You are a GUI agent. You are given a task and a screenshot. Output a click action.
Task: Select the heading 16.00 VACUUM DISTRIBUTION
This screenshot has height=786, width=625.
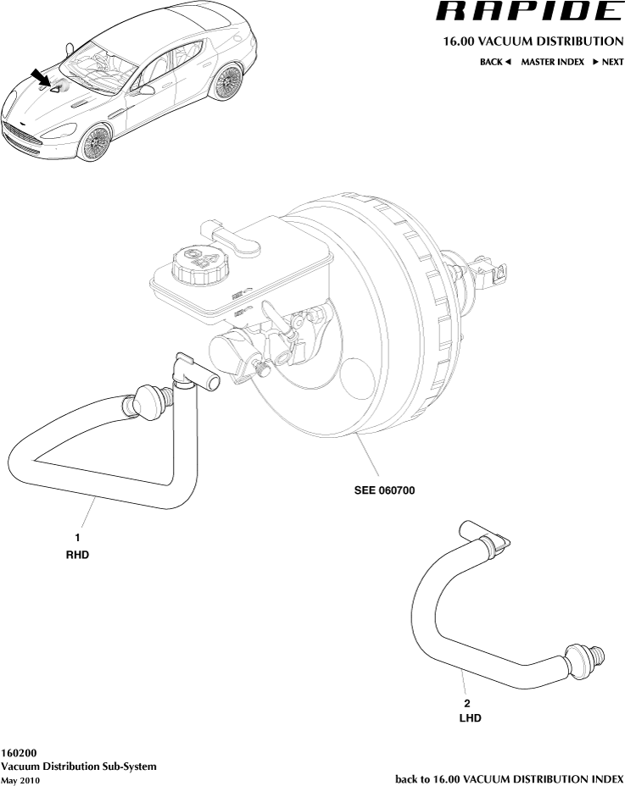pos(533,42)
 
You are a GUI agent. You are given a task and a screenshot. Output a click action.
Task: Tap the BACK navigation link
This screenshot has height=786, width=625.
pos(495,62)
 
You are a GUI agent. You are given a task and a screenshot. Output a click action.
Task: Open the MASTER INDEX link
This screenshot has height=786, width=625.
pos(552,62)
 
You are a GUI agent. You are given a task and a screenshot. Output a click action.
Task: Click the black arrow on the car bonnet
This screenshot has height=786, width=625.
pos(39,78)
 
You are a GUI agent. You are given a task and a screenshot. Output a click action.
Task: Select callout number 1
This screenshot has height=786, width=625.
pos(77,537)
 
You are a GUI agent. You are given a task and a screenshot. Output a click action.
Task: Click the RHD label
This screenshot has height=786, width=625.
pos(77,556)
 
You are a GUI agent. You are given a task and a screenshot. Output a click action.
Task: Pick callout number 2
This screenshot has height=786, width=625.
pos(466,703)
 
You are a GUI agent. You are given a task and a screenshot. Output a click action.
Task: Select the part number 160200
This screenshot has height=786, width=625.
pos(19,752)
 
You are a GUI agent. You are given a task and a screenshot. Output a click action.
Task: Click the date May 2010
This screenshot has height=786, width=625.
pos(20,780)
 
